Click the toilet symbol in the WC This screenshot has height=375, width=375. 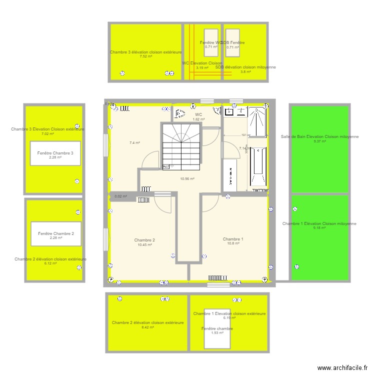(180, 113)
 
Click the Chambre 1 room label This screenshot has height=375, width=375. (233, 239)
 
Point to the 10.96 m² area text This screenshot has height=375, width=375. (187, 178)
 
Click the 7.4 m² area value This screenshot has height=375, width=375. (134, 143)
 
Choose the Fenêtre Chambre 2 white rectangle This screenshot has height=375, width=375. (55, 233)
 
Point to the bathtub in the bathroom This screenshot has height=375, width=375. (258, 167)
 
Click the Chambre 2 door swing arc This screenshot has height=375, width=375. (162, 204)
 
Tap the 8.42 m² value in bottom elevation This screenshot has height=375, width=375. (148, 327)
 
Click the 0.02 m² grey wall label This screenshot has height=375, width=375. (120, 196)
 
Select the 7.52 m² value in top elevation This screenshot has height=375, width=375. (146, 56)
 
